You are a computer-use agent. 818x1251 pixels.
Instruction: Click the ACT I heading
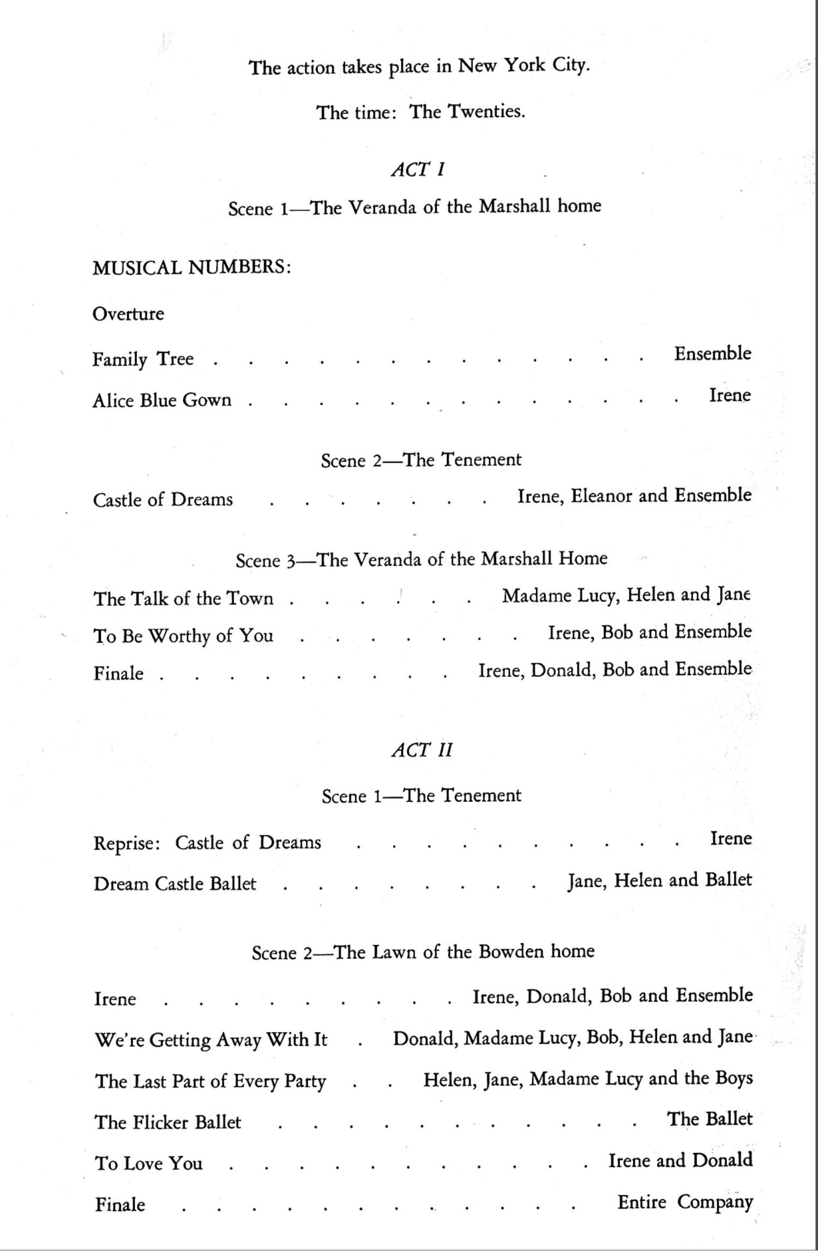point(418,169)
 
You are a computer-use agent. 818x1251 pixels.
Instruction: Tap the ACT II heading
point(422,750)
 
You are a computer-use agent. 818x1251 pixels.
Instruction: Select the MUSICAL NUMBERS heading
point(191,267)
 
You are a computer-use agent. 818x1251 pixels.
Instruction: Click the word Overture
point(128,314)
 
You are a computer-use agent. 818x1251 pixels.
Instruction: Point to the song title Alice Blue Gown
point(162,400)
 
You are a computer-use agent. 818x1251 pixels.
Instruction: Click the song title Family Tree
point(143,359)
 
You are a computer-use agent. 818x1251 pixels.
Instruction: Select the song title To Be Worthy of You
point(183,636)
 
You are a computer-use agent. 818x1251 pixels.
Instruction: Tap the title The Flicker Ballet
point(168,1122)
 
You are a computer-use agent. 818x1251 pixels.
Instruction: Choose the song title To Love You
point(149,1163)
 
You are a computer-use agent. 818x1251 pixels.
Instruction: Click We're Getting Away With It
point(211,1039)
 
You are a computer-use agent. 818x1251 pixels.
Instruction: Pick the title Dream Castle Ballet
point(175,883)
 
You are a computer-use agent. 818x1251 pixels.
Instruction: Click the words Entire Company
point(685,1202)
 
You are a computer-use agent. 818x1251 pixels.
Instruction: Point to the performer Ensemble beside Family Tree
point(712,353)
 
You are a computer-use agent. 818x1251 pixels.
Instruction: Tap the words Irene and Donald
point(681,1160)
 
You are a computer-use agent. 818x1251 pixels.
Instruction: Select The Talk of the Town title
point(183,598)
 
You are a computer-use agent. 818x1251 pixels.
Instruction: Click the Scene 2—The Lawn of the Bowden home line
point(423,952)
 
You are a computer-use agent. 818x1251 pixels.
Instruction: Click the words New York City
point(524,66)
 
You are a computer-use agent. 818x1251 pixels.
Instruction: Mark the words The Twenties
point(467,112)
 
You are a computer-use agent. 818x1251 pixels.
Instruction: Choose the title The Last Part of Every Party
point(210,1080)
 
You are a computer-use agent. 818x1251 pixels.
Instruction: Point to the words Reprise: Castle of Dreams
point(207,843)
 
